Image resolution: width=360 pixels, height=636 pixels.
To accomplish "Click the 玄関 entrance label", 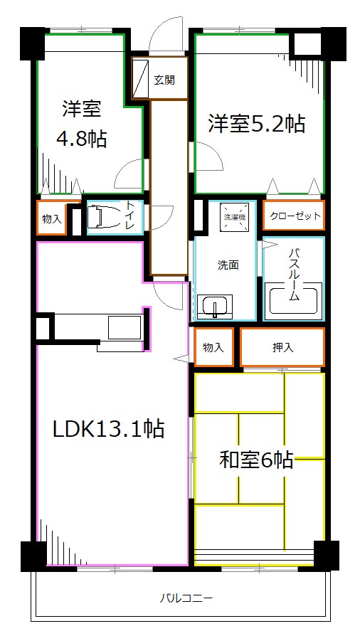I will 164,80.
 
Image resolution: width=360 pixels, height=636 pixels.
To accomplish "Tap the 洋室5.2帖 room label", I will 256,124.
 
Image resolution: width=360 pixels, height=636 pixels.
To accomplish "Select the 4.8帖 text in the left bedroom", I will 81,139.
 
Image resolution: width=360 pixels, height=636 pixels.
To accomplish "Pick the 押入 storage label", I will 282,348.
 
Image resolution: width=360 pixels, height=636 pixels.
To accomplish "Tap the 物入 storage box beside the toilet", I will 51,218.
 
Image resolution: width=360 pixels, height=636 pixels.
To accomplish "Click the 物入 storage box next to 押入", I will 213,348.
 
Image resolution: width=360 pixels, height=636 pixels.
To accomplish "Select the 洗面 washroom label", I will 228,265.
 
